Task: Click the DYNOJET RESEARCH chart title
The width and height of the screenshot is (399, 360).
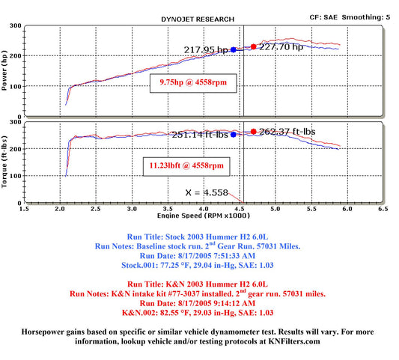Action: tap(198, 19)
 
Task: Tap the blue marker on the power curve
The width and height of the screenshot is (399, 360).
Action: tap(234, 50)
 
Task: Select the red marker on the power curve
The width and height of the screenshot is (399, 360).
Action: tap(253, 46)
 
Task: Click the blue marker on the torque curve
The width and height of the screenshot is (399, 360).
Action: tap(234, 135)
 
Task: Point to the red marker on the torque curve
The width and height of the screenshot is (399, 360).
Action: tap(253, 131)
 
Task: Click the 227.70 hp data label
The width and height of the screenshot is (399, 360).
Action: tap(281, 47)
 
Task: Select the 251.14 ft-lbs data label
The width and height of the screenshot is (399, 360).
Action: tap(200, 135)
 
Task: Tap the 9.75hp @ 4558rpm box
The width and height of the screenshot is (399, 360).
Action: tap(193, 83)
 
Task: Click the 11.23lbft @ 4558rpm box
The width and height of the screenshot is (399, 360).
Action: tap(186, 166)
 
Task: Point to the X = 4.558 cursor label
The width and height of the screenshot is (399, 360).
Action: tap(207, 192)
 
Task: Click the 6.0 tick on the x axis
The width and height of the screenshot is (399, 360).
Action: tap(347, 209)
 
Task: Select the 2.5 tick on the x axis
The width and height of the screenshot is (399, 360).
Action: tap(96, 209)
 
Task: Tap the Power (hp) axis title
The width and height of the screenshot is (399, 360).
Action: tap(4, 70)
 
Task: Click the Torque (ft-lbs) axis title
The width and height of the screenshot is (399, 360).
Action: tap(4, 162)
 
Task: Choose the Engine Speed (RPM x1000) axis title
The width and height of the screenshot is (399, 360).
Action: tap(204, 216)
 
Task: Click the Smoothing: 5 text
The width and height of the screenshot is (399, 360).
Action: tap(366, 17)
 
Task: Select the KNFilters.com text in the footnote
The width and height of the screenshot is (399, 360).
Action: tap(294, 341)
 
